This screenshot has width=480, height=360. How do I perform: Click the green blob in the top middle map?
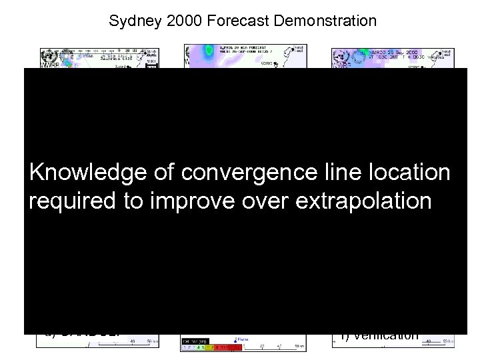click(x=209, y=49)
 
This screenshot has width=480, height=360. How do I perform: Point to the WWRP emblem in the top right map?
click(x=341, y=59)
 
